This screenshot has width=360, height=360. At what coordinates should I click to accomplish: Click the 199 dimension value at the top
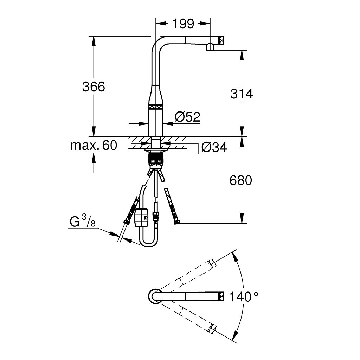tap(183, 24)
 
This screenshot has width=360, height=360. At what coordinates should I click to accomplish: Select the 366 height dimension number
tap(94, 86)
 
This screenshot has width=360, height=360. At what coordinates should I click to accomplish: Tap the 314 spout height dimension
tap(242, 94)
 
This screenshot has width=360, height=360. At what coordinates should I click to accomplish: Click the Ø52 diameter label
tap(187, 117)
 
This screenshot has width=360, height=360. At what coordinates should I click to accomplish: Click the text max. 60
tap(94, 145)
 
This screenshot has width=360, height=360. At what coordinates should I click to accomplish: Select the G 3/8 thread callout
tap(82, 222)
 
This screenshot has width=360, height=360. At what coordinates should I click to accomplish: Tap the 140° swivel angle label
tap(244, 297)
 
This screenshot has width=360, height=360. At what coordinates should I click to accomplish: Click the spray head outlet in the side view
tap(210, 47)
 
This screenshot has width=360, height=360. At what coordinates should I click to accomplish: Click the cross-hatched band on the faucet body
tap(155, 108)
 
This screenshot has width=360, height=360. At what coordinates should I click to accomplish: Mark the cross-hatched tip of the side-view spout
tap(221, 40)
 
